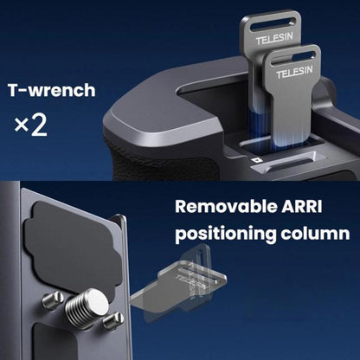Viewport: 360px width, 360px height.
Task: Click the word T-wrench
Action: (x=51, y=90)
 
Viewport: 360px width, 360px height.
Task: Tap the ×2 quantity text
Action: (x=30, y=125)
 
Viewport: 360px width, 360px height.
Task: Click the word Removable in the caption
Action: (x=223, y=207)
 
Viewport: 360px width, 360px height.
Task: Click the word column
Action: (x=315, y=233)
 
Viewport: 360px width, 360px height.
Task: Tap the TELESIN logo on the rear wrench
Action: (x=274, y=39)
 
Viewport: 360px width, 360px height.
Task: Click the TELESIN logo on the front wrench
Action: (x=294, y=72)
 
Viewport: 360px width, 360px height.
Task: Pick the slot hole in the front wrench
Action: (x=293, y=57)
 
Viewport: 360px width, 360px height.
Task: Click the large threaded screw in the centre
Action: (x=87, y=306)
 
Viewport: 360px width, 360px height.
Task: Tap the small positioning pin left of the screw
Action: (x=53, y=300)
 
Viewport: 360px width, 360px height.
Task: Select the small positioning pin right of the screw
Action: (x=113, y=321)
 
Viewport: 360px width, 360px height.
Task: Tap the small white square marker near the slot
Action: (x=255, y=160)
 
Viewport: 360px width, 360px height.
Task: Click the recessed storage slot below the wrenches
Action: (x=288, y=162)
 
